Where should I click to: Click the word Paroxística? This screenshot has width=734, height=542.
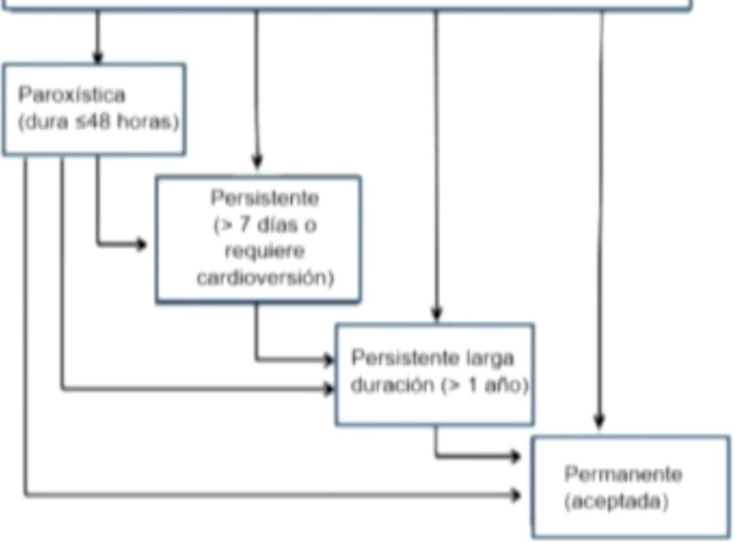click(x=71, y=95)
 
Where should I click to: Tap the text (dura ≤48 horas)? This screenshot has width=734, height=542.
click(x=99, y=122)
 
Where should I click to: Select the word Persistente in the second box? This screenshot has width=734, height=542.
click(x=265, y=198)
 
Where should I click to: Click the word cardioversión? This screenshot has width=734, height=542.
click(x=265, y=277)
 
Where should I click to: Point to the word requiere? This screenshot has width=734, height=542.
click(x=265, y=251)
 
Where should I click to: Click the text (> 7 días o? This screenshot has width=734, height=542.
click(x=265, y=225)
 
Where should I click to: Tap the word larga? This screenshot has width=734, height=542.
click(x=489, y=358)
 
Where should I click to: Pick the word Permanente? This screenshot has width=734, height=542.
click(x=623, y=474)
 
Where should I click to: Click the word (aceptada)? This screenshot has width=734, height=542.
click(x=616, y=502)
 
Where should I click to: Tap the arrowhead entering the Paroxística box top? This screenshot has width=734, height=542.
click(x=98, y=57)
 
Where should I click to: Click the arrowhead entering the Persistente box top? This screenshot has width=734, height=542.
click(x=257, y=162)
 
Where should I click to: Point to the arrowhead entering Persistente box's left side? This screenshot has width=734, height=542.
click(x=142, y=244)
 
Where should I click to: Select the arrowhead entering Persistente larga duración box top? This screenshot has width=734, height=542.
click(x=437, y=314)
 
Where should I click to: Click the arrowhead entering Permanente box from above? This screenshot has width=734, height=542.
click(x=599, y=421)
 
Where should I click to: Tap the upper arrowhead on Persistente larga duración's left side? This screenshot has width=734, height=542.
click(x=329, y=361)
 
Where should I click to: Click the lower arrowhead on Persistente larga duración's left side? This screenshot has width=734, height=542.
click(x=329, y=389)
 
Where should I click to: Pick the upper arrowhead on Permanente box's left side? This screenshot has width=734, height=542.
click(x=515, y=457)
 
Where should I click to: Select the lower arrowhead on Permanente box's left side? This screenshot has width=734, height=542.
click(x=515, y=494)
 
